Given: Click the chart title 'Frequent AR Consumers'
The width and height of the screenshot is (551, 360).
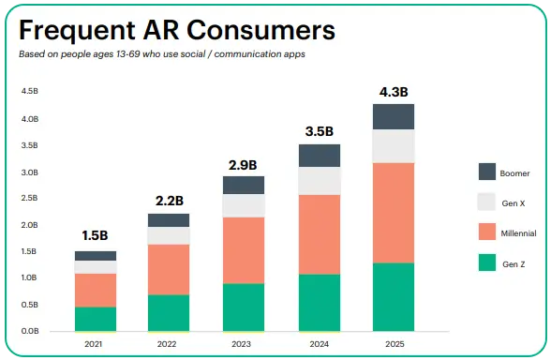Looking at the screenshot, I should click(x=177, y=30).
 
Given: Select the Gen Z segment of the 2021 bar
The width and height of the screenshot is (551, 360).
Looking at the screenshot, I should click(x=96, y=319).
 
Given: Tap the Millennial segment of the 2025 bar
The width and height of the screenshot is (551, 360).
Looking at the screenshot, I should click(x=394, y=213).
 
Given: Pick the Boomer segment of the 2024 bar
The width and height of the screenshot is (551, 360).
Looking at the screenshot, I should click(x=320, y=156).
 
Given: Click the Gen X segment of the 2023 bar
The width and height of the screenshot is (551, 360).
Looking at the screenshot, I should click(x=244, y=205).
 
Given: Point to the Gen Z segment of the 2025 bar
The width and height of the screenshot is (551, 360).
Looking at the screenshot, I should click(x=394, y=296).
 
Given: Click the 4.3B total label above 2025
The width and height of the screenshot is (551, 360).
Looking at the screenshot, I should click(x=394, y=92).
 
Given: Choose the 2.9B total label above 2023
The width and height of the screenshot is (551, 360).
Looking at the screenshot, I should click(x=244, y=165).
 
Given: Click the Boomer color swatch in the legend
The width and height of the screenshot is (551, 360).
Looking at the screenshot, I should click(x=487, y=172).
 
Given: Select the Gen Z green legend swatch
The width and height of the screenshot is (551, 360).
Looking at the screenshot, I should click(x=487, y=263).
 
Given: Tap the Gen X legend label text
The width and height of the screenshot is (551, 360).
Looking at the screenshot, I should click(x=514, y=202).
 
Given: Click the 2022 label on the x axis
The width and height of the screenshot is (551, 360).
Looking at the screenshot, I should click(x=169, y=343).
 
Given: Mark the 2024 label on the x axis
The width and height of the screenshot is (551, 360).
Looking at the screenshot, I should click(x=320, y=343).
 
